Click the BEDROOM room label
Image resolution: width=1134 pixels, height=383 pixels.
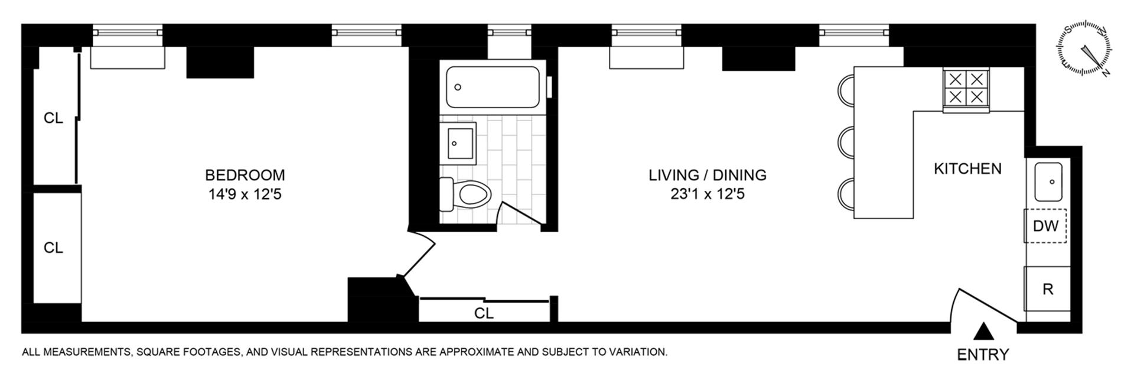245,175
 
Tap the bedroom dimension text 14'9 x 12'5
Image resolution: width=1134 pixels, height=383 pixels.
245,194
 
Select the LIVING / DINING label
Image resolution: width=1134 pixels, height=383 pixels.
707,175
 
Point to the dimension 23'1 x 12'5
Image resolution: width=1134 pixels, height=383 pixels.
707,194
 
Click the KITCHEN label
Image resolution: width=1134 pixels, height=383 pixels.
967,168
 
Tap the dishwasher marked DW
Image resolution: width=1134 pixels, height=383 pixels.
1045,226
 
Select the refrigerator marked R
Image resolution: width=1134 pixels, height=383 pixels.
1048,290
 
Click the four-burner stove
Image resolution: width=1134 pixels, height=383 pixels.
966,89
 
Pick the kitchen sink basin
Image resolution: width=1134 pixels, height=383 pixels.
1048,181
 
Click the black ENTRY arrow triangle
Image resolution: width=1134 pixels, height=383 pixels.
983,331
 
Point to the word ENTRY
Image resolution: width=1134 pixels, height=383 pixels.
983,355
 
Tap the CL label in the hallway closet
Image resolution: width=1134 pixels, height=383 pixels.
484,313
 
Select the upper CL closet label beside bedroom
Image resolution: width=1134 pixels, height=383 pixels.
53,118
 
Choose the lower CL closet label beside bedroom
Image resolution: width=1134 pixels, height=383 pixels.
53,248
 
